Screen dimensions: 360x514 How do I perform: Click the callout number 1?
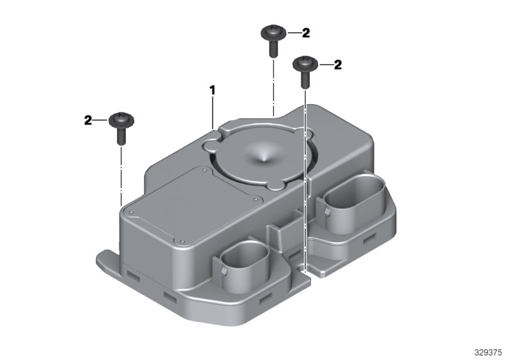point(211,91)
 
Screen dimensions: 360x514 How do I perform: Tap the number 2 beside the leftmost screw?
point(89,120)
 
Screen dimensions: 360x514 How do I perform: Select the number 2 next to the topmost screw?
point(306,32)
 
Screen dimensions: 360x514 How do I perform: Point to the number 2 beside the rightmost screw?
point(338,64)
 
